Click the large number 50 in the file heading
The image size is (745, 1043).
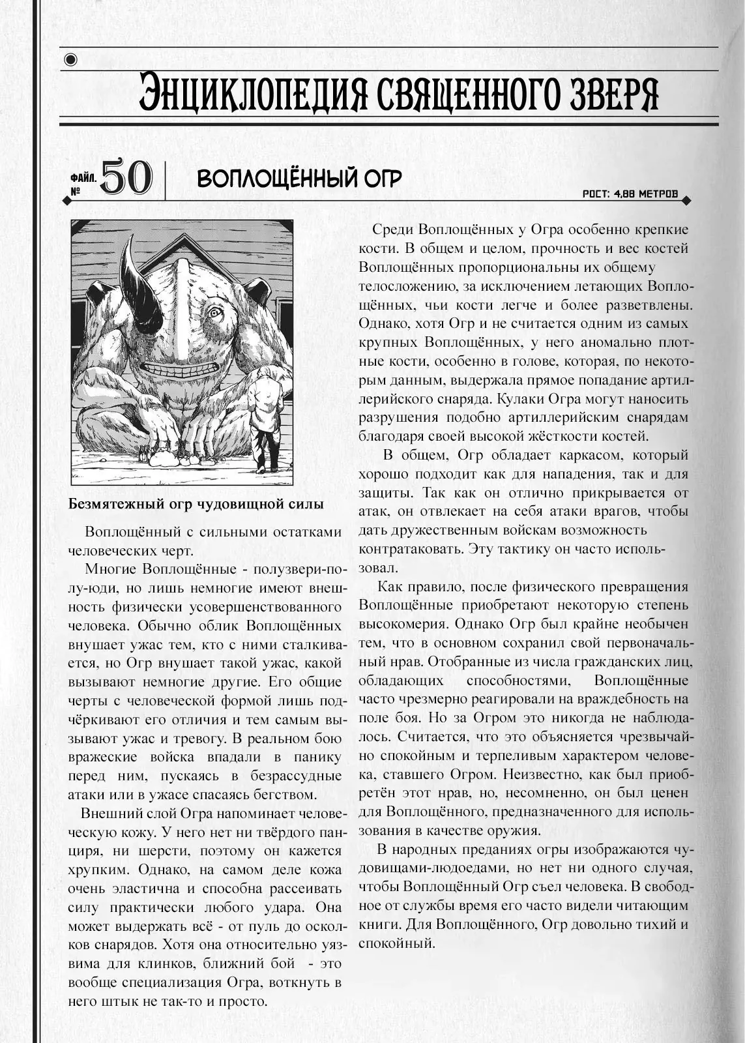[127, 178]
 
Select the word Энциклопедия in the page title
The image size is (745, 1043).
[248, 95]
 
